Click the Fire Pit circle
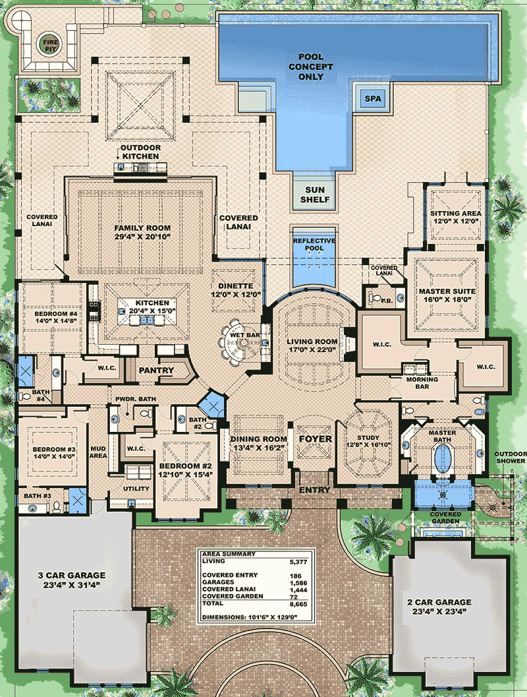(x=51, y=44)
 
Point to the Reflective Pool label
(x=314, y=245)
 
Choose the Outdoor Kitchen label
(x=140, y=152)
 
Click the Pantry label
(x=157, y=371)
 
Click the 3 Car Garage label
(x=72, y=575)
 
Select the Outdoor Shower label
(x=512, y=458)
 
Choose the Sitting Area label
(x=455, y=214)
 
